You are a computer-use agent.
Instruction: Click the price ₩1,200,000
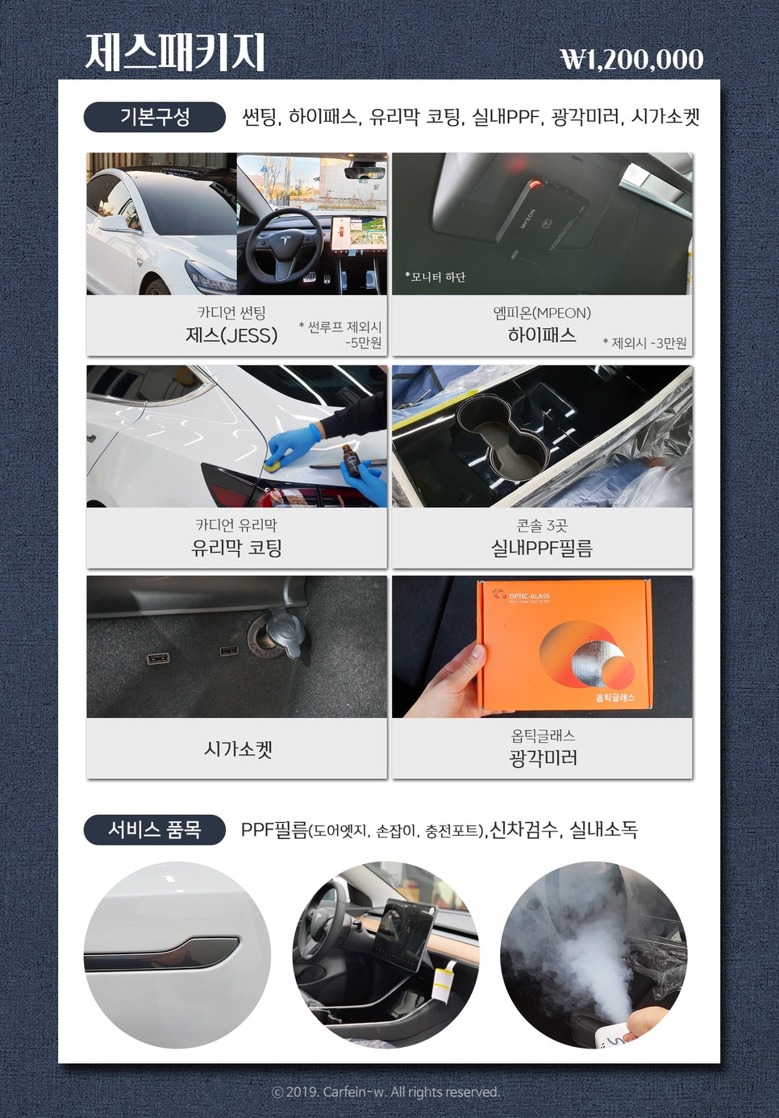pyautogui.click(x=631, y=59)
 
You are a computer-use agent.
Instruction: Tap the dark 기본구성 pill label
pyautogui.click(x=154, y=117)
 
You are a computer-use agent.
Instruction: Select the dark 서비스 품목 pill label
pyautogui.click(x=154, y=829)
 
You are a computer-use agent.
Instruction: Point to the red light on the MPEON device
pyautogui.click(x=535, y=186)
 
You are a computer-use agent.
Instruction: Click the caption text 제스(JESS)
pyautogui.click(x=231, y=336)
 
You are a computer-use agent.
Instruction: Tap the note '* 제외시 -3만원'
pyautogui.click(x=644, y=343)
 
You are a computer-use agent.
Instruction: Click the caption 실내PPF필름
pyautogui.click(x=542, y=549)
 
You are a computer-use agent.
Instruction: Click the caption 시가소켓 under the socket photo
pyautogui.click(x=238, y=749)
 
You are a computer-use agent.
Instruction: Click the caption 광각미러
pyautogui.click(x=543, y=758)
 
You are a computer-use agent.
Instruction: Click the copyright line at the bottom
pyautogui.click(x=385, y=1091)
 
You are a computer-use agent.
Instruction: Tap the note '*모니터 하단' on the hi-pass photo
pyautogui.click(x=435, y=277)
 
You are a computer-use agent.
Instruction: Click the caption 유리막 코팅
pyautogui.click(x=236, y=549)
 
